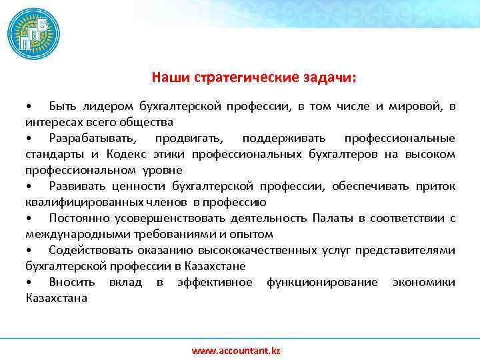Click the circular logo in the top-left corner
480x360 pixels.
(x=33, y=34)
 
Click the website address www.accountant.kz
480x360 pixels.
(x=236, y=350)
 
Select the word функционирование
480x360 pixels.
(x=322, y=283)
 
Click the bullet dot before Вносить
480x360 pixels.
(x=29, y=283)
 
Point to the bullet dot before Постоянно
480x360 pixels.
(x=29, y=219)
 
